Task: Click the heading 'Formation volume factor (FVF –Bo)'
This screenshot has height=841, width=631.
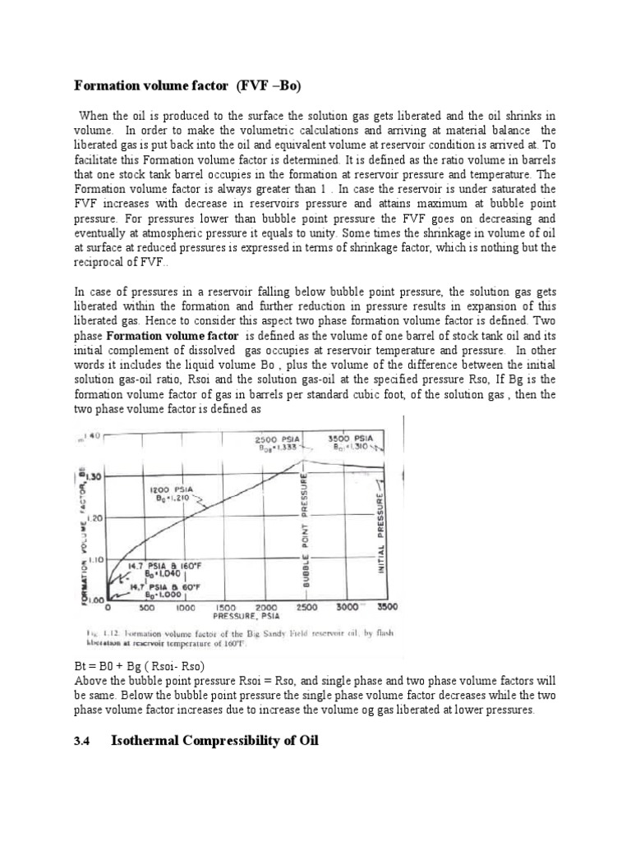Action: click(194, 85)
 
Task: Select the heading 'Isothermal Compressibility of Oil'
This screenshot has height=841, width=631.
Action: click(214, 741)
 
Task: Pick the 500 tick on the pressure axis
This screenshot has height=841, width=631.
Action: click(148, 608)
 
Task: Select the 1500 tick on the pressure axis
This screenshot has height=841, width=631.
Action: click(226, 608)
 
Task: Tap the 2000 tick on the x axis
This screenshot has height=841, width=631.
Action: click(265, 608)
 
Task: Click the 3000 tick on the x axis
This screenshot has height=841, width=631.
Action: click(347, 608)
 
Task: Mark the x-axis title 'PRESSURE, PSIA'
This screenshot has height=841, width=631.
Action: click(247, 616)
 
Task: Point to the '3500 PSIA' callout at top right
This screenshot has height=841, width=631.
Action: click(351, 439)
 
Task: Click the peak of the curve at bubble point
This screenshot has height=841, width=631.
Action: click(306, 461)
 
